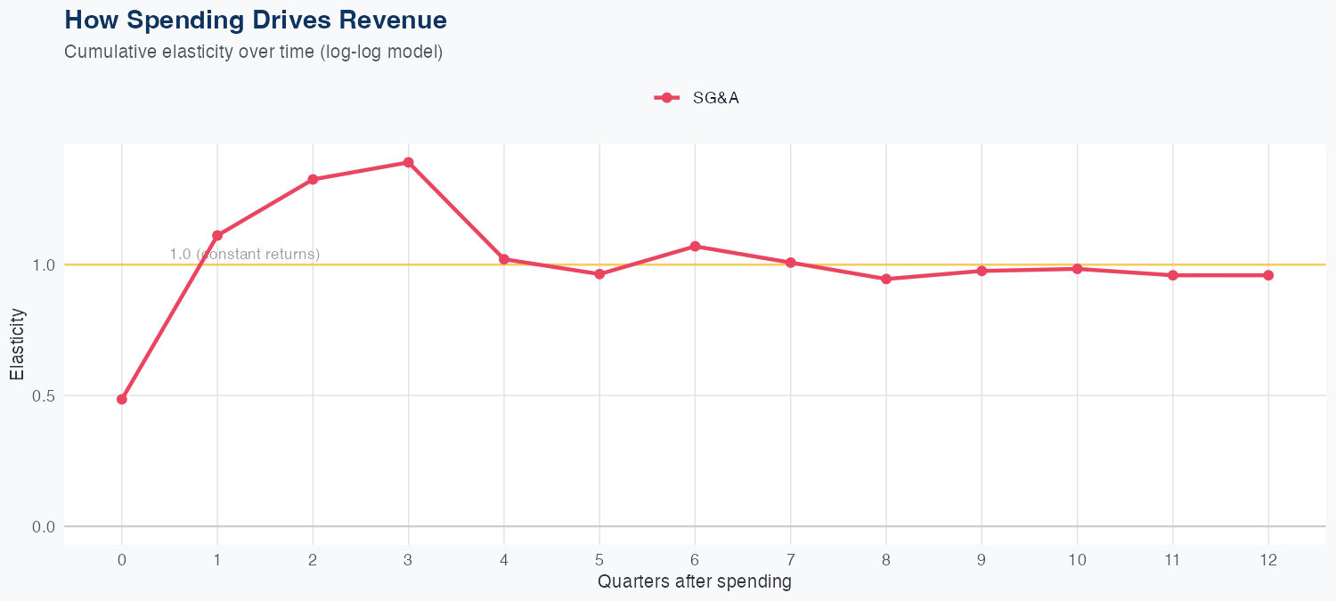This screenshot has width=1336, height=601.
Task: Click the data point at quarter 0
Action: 122,399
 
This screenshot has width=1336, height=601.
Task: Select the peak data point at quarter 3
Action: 408,162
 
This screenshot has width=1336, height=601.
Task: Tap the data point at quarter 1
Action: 217,236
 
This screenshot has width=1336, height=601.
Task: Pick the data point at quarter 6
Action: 695,246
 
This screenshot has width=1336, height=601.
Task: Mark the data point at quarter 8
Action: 886,279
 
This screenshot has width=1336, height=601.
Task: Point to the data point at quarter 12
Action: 1268,275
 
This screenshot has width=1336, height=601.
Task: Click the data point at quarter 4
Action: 504,259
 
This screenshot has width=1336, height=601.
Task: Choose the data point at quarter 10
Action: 1078,269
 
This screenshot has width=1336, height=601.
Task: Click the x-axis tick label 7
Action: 790,560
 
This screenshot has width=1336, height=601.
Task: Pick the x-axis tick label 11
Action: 1173,560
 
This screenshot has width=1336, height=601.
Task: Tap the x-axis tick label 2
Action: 313,560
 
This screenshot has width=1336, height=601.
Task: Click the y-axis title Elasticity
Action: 18,344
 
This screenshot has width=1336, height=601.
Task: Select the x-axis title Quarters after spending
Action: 695,582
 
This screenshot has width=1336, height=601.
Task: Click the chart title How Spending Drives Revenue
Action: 256,20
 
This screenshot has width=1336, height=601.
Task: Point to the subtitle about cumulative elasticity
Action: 253,52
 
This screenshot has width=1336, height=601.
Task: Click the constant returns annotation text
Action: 245,255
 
